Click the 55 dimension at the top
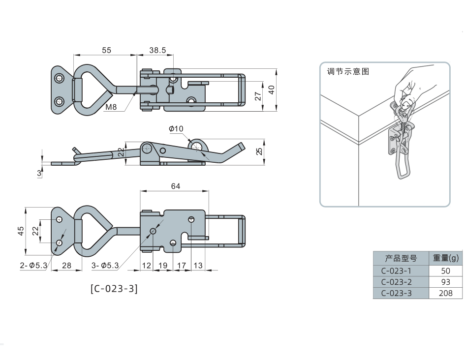pos(106,50)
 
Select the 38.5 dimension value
pos(157,50)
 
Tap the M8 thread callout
pos(111,107)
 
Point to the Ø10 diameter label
pos(176,129)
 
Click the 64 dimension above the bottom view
pos(175,186)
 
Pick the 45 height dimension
pos(21,231)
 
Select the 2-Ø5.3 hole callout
pos(33,265)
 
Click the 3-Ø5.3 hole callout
pos(105,265)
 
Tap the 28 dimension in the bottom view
pos(66,265)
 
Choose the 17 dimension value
pos(181,265)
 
